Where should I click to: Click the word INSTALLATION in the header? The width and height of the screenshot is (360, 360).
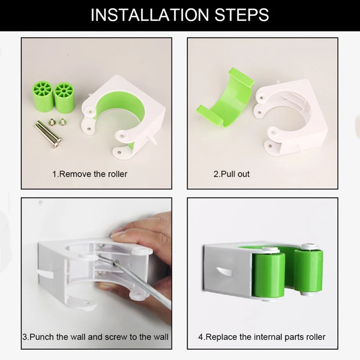[x=150, y=15]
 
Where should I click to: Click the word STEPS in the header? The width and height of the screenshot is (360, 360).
[x=241, y=15]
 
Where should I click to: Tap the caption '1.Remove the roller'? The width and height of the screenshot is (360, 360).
[x=90, y=174]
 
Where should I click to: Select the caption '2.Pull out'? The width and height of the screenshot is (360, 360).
[x=231, y=174]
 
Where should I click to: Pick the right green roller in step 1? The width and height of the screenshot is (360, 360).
[x=64, y=98]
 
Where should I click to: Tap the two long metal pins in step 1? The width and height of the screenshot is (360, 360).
[x=48, y=134]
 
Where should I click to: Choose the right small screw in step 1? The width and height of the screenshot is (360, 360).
[x=62, y=121]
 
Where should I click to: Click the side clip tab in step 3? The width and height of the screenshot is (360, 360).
[x=44, y=273]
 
